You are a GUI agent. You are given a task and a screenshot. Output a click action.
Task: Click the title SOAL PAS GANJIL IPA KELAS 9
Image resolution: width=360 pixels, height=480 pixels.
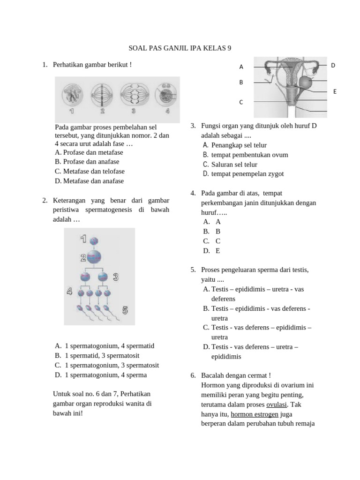point(180,48)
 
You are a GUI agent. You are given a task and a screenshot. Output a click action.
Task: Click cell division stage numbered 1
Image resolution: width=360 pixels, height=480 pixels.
point(72,93)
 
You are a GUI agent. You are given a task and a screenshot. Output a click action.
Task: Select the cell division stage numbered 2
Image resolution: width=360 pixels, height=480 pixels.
point(102,94)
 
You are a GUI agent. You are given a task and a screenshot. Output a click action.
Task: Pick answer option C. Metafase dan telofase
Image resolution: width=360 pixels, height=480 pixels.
point(90,171)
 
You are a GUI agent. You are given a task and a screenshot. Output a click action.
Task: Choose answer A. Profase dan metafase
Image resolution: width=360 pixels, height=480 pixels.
point(89,152)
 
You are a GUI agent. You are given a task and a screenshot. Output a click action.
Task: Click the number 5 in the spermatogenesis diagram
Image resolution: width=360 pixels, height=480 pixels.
point(125,310)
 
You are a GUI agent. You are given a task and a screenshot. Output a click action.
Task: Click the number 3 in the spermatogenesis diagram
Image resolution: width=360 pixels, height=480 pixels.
point(115,277)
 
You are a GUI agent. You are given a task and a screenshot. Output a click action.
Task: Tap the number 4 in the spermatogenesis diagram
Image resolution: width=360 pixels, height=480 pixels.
point(69,292)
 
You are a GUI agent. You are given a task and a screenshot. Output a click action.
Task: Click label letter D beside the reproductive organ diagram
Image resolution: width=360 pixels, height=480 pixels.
point(333,65)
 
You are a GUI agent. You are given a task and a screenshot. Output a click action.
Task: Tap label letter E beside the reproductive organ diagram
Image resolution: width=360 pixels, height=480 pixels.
point(335,91)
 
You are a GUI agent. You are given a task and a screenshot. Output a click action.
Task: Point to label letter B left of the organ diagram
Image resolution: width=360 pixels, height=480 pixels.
point(241,82)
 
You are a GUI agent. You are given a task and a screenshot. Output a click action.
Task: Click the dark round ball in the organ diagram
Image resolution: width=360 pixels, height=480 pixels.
point(305,82)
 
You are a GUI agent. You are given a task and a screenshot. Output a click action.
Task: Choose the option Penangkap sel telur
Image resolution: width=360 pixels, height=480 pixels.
point(239,145)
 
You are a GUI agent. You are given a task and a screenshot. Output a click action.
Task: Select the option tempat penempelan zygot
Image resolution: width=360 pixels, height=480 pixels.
point(247,173)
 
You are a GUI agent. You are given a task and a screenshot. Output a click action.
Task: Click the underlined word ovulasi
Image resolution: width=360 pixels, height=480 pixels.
point(277,405)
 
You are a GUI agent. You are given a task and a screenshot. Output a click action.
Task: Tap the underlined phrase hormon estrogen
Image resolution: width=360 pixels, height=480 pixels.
point(255,414)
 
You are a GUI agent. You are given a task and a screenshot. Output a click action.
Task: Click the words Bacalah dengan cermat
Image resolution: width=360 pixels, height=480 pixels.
point(236,375)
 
